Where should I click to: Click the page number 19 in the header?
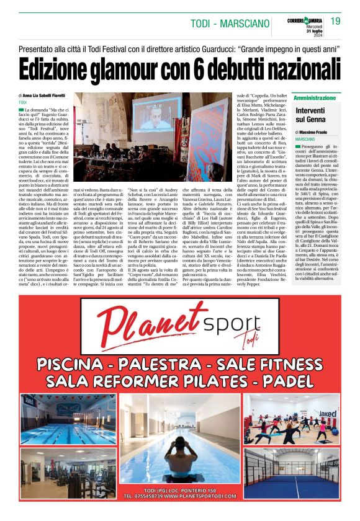click(335, 21)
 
